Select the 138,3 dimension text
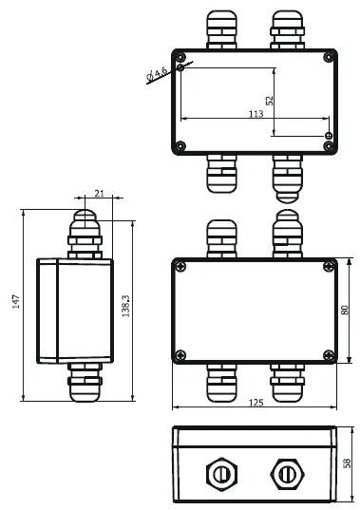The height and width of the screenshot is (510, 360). click(126, 305)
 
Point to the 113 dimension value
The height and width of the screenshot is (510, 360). click(256, 113)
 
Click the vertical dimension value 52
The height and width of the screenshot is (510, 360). click(269, 99)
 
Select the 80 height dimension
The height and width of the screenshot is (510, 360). click(344, 310)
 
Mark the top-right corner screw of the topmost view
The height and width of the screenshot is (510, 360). click(329, 55)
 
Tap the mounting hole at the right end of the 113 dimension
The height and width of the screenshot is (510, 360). click(328, 136)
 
